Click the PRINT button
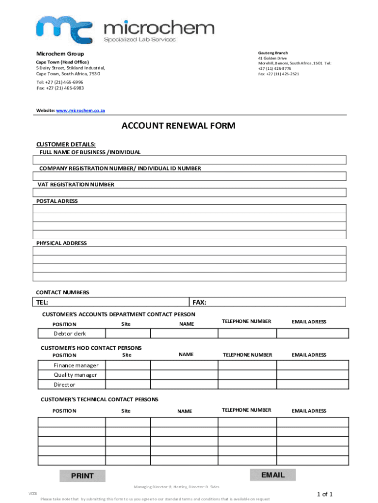coord(82,475)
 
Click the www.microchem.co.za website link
coord(81,111)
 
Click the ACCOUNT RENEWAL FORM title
coord(178,126)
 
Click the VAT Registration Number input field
coord(190,193)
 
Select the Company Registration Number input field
coord(190,176)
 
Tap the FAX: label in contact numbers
coord(199,302)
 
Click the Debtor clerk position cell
coord(71,334)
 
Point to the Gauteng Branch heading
coord(273,53)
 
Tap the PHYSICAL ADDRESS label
coord(61,243)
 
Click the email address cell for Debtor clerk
coord(312,334)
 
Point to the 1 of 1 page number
coord(325,494)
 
